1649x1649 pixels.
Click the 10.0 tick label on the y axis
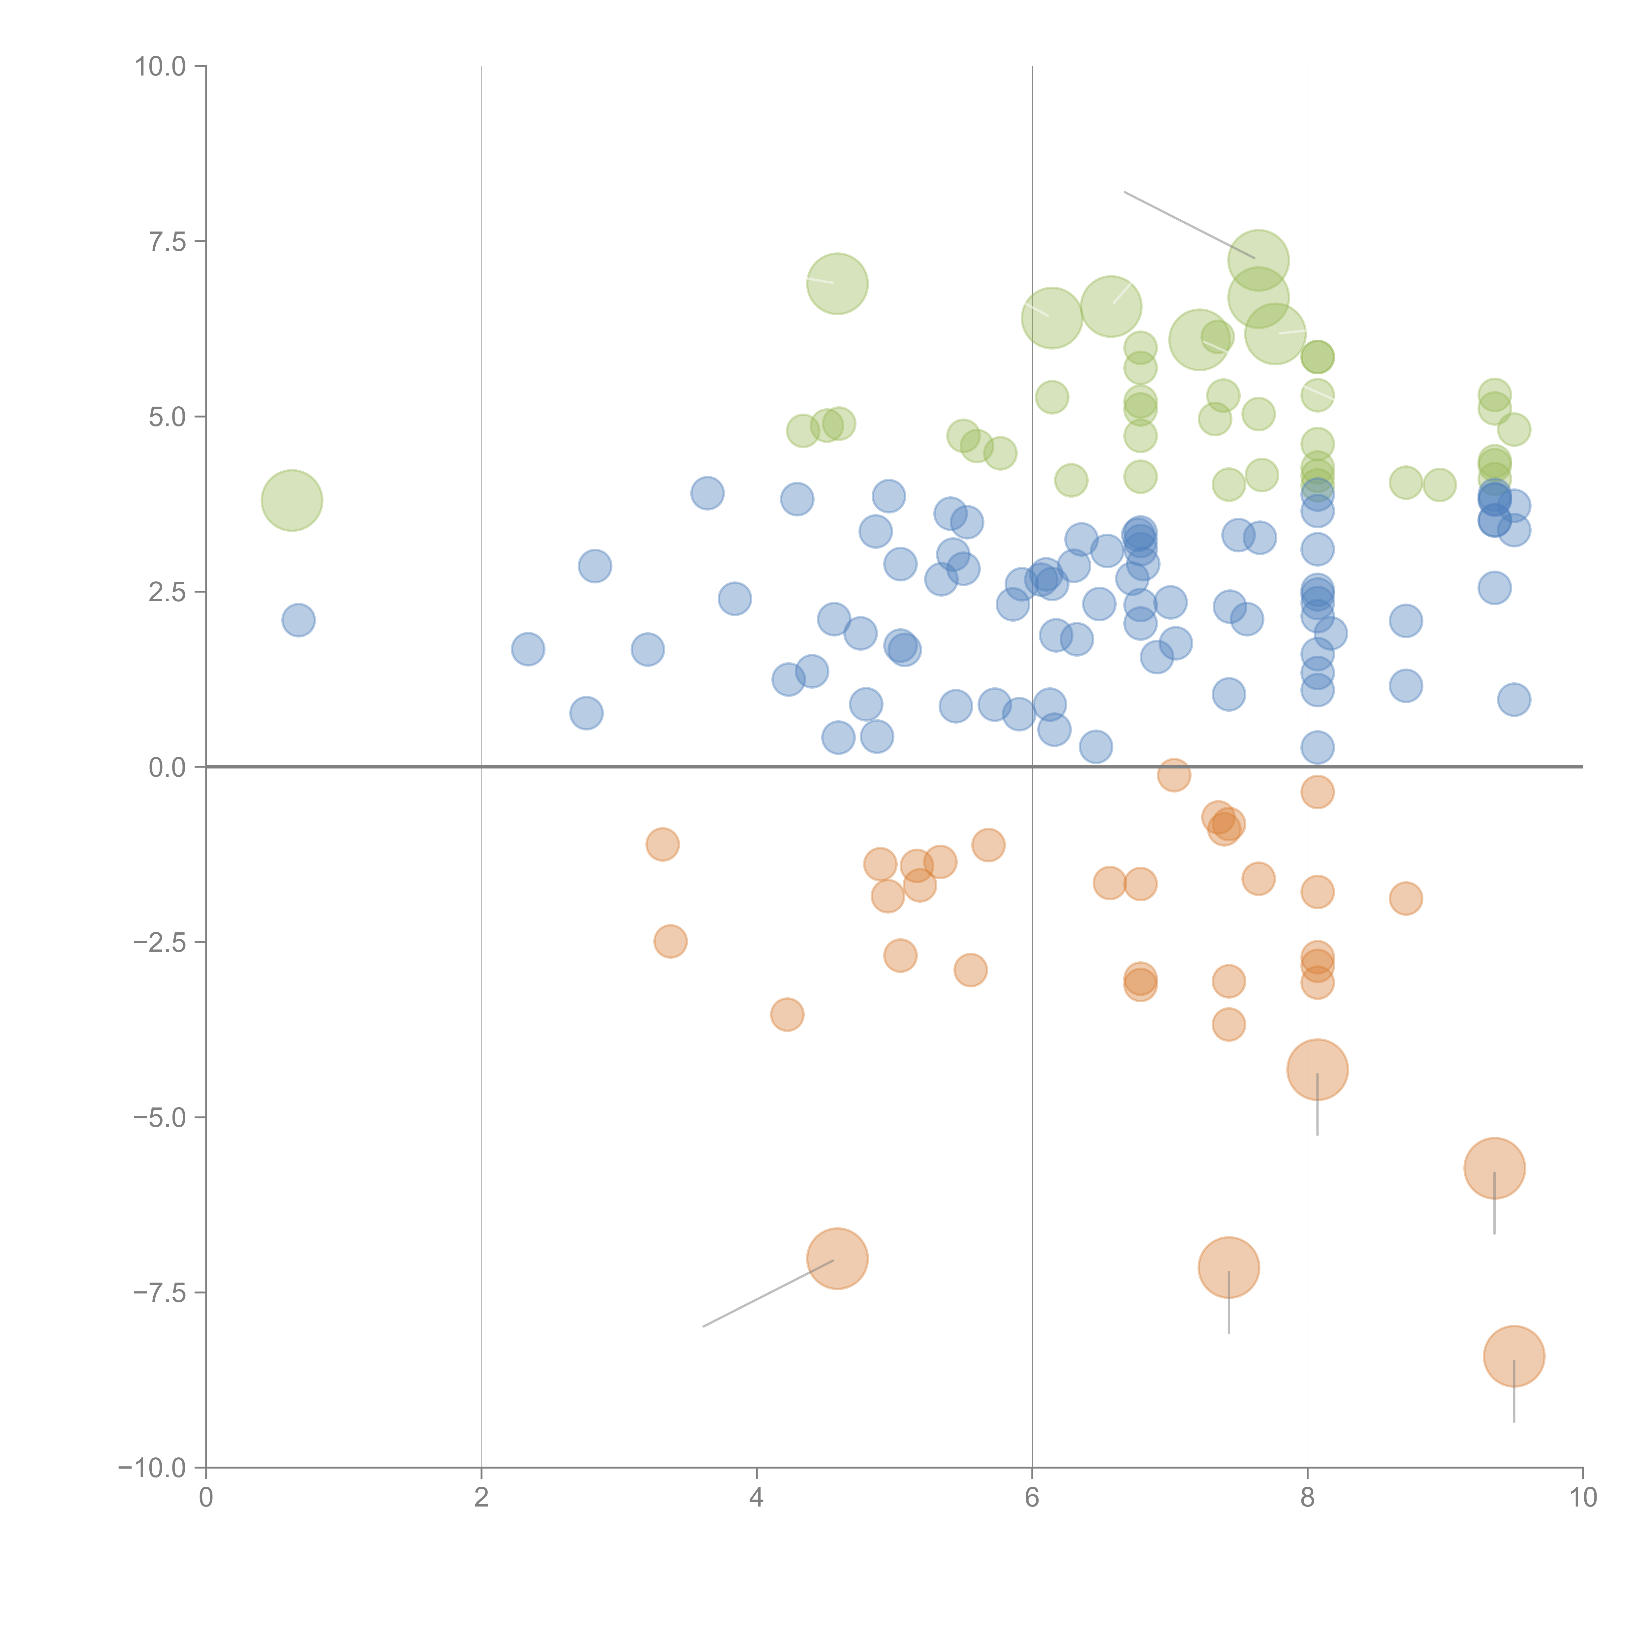(161, 67)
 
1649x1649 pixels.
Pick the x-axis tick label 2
(482, 1498)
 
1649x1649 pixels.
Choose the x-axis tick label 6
(1032, 1498)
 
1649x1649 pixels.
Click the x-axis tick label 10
(1582, 1498)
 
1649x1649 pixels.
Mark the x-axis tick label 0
(206, 1498)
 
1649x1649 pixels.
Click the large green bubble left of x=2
(292, 500)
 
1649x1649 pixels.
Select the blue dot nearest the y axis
(298, 620)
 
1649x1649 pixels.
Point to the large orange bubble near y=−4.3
(1317, 1070)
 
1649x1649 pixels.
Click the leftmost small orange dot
(662, 845)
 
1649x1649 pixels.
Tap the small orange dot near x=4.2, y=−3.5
(787, 1014)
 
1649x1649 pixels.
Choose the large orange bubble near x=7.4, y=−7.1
(1228, 1267)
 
